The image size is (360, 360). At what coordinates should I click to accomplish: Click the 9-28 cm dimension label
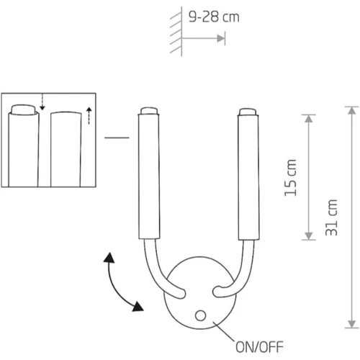pyautogui.click(x=214, y=17)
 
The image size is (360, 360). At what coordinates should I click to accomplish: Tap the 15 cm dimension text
pyautogui.click(x=291, y=178)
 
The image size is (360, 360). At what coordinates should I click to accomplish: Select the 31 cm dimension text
pyautogui.click(x=331, y=217)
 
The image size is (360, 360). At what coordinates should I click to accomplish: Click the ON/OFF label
pyautogui.click(x=259, y=347)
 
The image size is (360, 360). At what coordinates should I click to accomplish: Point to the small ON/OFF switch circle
pyautogui.click(x=200, y=315)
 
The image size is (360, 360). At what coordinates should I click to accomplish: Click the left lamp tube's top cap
pyautogui.click(x=149, y=111)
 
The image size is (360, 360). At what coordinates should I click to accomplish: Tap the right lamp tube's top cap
pyautogui.click(x=248, y=112)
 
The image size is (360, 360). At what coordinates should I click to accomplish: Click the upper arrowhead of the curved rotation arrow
pyautogui.click(x=109, y=258)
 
